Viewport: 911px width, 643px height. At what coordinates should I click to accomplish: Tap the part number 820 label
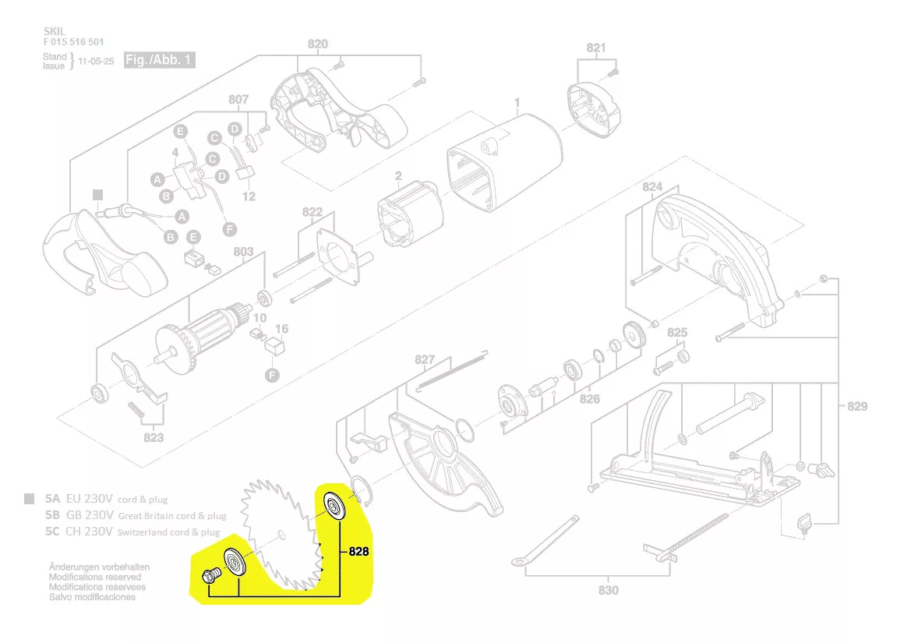pyautogui.click(x=318, y=44)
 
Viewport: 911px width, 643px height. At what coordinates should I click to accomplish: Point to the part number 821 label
pyautogui.click(x=596, y=48)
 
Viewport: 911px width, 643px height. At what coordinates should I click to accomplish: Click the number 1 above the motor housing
pyautogui.click(x=516, y=102)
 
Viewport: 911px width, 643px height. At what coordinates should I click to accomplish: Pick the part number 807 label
pyautogui.click(x=238, y=100)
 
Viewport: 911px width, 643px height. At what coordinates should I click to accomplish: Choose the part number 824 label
pyautogui.click(x=652, y=187)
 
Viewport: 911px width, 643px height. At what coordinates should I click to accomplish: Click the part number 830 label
pyautogui.click(x=609, y=590)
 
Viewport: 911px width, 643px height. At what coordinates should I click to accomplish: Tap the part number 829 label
pyautogui.click(x=857, y=406)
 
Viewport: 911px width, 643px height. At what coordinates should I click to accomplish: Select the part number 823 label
pyautogui.click(x=154, y=437)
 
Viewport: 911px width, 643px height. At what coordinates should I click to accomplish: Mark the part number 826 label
pyautogui.click(x=590, y=399)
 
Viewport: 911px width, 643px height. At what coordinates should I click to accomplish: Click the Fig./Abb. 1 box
pyautogui.click(x=159, y=60)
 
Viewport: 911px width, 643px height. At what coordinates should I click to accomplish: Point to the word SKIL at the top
pyautogui.click(x=55, y=31)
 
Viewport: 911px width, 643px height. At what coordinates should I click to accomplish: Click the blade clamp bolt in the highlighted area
pyautogui.click(x=209, y=576)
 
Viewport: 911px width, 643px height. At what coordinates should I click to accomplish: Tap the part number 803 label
pyautogui.click(x=244, y=252)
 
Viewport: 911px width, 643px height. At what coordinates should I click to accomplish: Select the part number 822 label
pyautogui.click(x=312, y=212)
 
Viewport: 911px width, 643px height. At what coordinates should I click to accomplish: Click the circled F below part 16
pyautogui.click(x=272, y=375)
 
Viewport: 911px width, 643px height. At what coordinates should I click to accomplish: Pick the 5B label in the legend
pyautogui.click(x=53, y=515)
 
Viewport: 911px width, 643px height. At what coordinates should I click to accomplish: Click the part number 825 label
pyautogui.click(x=678, y=333)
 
